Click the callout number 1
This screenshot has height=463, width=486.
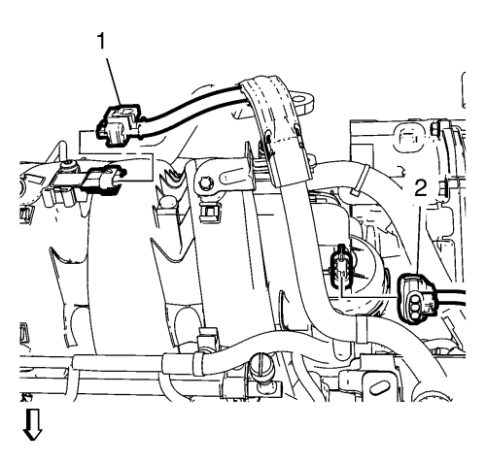click(x=102, y=42)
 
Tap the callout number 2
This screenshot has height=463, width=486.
click(x=421, y=188)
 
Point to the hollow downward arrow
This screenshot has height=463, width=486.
click(x=32, y=424)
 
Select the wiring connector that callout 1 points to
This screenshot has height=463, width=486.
click(x=120, y=125)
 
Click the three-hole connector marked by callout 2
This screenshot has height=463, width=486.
click(x=417, y=298)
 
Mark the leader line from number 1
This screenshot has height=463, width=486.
click(x=114, y=78)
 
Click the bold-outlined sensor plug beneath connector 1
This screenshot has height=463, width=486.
click(x=104, y=181)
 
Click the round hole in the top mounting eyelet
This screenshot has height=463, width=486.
click(x=302, y=97)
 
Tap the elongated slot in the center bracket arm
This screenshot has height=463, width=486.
click(x=231, y=177)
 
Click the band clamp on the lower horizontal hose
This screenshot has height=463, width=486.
click(x=200, y=363)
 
